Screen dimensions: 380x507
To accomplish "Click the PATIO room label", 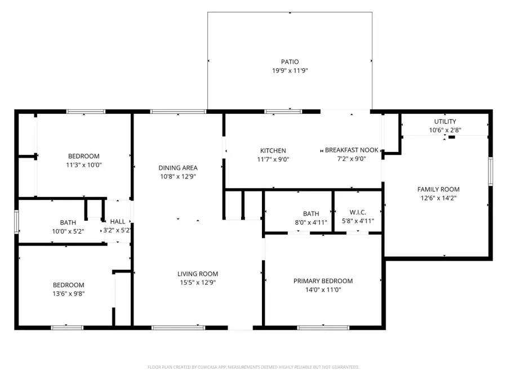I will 290,62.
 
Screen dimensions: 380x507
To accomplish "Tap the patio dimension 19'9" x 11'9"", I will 290,71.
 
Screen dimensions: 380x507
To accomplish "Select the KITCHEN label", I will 273,150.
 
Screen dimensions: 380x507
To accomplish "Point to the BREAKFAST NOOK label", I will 352,150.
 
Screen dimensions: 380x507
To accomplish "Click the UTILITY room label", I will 445,122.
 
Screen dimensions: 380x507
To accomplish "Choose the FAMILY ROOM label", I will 438,189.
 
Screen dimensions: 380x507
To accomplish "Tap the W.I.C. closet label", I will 358,212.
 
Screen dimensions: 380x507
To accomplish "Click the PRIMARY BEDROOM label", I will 323,281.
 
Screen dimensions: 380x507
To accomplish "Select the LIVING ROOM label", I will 197,274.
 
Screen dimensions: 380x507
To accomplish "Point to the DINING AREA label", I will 177,168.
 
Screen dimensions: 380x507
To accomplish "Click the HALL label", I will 118,222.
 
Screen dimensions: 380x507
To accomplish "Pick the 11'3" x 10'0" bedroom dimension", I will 84,166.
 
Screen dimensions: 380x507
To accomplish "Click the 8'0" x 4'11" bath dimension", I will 311,222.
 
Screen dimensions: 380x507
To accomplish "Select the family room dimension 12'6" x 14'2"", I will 438,198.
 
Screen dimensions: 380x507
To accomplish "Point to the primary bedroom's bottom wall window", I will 315,327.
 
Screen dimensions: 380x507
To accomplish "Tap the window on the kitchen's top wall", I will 275,111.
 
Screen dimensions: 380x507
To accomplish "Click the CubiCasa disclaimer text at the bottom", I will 253,367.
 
